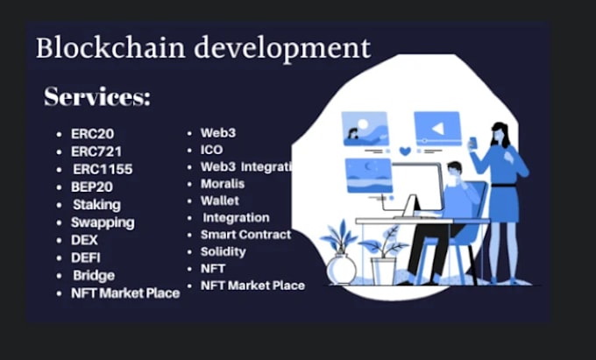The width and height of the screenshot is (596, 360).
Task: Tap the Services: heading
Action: pos(97,97)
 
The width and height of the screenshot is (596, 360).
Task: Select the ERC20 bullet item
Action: pos(92,134)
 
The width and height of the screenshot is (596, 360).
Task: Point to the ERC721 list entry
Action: pos(96,152)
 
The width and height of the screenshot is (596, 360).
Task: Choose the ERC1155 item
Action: pos(103,169)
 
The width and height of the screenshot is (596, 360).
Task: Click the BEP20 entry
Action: pos(92,187)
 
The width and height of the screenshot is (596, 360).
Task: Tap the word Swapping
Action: pos(103,222)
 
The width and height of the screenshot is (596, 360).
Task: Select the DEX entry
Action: pos(84,239)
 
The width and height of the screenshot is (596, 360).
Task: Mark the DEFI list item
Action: pos(86,258)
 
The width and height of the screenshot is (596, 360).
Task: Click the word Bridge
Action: pos(94,275)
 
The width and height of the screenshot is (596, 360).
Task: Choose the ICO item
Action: pos(211,150)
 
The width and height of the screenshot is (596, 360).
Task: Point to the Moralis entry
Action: pos(223,184)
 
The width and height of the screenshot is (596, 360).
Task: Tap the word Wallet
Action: pos(219,201)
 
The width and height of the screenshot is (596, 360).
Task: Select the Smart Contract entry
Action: pos(245,235)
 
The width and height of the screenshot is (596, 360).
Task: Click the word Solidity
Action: pos(223,251)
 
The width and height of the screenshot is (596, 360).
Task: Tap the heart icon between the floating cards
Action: pos(405,151)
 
